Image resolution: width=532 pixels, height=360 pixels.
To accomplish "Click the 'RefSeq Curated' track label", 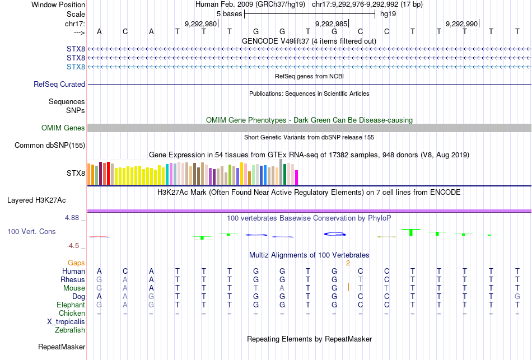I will pos(59,85).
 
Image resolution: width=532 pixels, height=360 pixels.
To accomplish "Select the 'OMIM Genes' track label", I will pos(63,128).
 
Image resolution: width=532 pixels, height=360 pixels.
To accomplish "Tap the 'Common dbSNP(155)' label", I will pos(50,146).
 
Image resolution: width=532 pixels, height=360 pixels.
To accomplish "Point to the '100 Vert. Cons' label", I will pos(31,231).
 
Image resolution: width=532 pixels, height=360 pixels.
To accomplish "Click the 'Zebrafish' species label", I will pos(70,330).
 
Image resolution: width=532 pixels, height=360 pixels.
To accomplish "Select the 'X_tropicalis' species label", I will pos(66,322).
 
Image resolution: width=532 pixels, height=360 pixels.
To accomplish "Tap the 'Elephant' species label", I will pos(71,305).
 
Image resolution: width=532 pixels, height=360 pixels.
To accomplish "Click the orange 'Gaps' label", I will pos(76,263).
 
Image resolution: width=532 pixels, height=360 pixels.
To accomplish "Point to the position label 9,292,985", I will pos(331,24).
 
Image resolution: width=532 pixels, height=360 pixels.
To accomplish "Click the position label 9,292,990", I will pos(461,24).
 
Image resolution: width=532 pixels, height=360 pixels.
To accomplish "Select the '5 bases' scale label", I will pos(228,14).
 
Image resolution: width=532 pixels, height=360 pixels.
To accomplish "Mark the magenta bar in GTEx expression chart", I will pos(297,177).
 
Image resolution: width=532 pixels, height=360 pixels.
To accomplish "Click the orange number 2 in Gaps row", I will pos(348,263).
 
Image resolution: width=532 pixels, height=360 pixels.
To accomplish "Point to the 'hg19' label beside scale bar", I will pos(388,14).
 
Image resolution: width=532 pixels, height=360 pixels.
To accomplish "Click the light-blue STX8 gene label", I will pos(76,67).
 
